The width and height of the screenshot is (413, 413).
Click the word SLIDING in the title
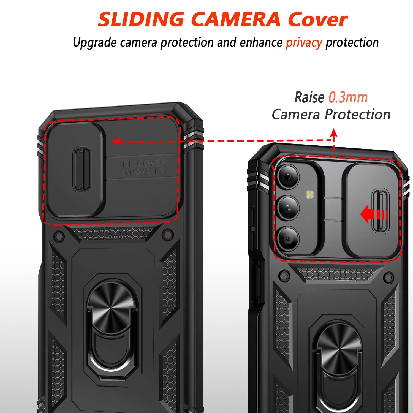(141, 20)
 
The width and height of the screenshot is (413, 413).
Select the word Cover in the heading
(318, 20)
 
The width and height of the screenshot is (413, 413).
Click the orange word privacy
(304, 43)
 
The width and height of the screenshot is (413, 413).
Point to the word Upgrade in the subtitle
(95, 43)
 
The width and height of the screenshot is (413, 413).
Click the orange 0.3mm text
(348, 97)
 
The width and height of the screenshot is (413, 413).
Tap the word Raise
(309, 97)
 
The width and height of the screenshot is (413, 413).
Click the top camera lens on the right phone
(288, 176)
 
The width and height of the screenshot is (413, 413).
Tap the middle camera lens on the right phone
(288, 207)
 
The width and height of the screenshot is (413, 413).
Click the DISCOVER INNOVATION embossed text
(145, 167)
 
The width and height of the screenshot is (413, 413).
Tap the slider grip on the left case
(82, 169)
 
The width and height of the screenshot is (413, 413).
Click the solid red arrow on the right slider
(374, 214)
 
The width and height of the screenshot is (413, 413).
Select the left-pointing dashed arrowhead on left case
(117, 142)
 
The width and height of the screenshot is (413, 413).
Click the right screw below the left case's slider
(167, 235)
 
